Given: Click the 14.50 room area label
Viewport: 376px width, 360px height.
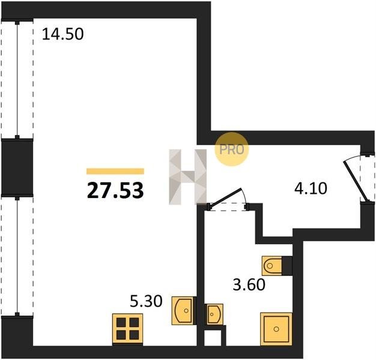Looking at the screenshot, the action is pos(62,34).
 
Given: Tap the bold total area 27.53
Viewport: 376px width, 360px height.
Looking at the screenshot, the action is pos(115,190).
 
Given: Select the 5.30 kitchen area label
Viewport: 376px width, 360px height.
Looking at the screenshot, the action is pos(146,301).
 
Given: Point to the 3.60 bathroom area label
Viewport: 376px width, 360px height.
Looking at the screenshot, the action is pos(249,284).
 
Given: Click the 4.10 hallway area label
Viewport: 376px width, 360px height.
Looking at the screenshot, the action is pos(311,188).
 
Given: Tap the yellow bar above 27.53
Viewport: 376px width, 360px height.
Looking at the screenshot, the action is pos(115,171).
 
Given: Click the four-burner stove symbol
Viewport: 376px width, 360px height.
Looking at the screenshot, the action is pos(127,329).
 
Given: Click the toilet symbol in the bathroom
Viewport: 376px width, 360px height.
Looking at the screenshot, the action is pos(272,266).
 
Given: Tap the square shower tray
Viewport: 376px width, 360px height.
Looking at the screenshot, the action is pos(276,329).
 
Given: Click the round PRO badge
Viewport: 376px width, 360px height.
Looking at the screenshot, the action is pos(232,149).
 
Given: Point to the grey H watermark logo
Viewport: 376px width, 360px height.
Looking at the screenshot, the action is pos(188,177).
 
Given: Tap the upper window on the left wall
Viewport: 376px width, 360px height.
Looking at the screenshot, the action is pos(17,80).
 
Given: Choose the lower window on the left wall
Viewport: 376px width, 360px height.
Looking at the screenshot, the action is pos(17,256).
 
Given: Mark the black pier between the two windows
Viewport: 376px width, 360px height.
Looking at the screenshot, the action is pos(17,167).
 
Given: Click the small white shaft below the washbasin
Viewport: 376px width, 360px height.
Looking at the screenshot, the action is pos(213,338).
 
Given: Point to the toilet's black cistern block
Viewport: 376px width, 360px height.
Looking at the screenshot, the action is pos(287,266).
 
